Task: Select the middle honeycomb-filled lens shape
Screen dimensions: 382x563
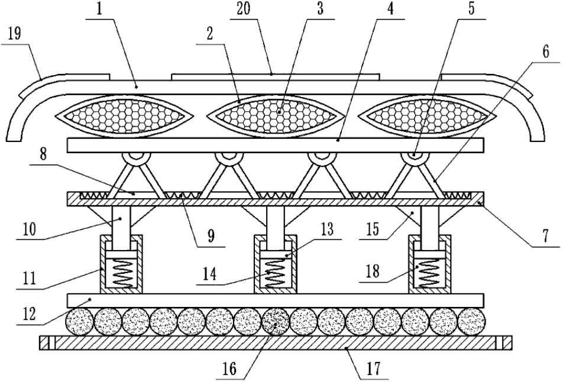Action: (276, 114)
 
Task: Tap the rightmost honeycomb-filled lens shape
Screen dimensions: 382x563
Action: (426, 114)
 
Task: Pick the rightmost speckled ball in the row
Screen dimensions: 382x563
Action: (472, 322)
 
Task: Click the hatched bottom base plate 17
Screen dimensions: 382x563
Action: (276, 342)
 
